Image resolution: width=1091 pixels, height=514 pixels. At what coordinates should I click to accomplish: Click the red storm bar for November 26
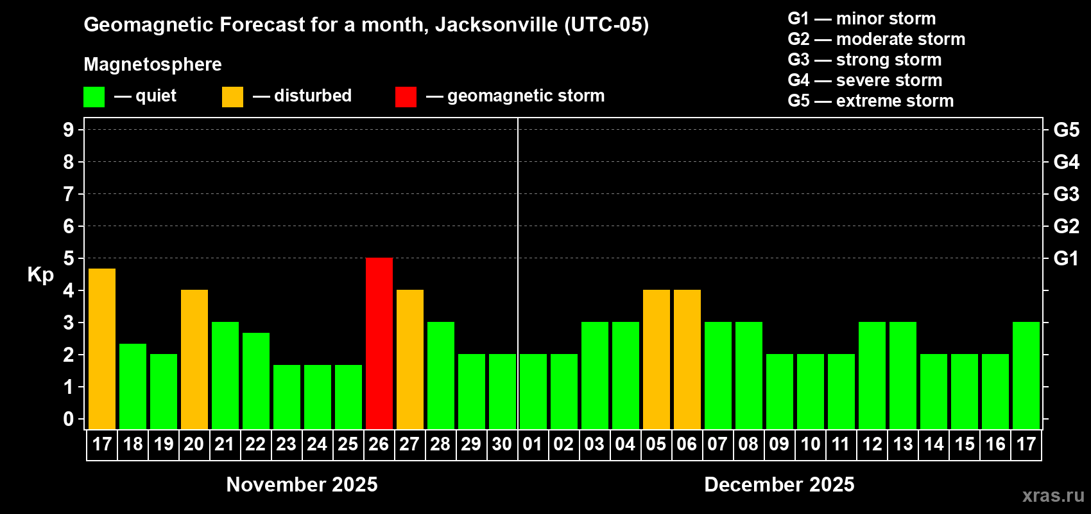coord(379,343)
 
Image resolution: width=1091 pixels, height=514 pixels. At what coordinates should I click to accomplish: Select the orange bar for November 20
coord(194,359)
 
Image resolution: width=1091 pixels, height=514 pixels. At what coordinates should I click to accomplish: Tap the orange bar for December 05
coord(656,359)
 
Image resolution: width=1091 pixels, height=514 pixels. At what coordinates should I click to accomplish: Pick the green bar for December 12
coord(872,375)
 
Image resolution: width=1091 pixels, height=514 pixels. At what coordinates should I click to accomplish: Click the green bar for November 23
coord(286,396)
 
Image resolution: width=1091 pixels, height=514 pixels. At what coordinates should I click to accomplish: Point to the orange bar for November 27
coord(409,359)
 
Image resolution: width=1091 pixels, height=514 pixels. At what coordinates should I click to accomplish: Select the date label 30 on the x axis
coord(502,444)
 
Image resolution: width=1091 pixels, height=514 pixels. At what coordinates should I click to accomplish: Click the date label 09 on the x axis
coord(779,444)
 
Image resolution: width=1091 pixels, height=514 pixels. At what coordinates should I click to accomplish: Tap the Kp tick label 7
coord(69,194)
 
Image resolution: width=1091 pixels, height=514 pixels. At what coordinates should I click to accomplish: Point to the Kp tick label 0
coord(69,419)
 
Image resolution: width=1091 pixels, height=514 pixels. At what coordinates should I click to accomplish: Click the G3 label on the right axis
coord(1066,194)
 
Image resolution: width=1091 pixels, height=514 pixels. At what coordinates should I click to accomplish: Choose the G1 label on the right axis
coord(1066,258)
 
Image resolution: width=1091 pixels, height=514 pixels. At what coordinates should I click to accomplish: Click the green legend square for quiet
coord(94,97)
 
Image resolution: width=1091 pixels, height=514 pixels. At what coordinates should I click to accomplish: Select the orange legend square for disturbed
coord(232,97)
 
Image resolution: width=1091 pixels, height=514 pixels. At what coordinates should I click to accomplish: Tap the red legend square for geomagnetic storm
coord(406,97)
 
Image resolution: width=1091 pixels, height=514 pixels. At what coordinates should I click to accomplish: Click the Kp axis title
coord(40,274)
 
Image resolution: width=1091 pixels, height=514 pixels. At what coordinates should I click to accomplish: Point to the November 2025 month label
coord(302,484)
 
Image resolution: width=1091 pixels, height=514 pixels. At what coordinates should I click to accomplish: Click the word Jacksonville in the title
coord(496,24)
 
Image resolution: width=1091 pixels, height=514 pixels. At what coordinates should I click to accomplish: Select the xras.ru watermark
coord(1052,495)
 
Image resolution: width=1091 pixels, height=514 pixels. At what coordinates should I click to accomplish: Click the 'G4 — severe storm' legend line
coord(864,80)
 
